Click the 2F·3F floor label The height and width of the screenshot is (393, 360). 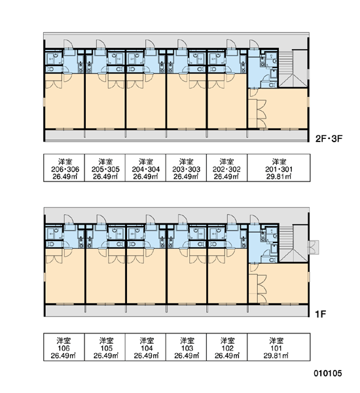click(x=329, y=138)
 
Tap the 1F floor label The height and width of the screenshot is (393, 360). click(x=321, y=314)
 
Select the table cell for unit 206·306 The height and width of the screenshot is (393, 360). click(x=64, y=168)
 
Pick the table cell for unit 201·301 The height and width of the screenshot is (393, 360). click(x=279, y=168)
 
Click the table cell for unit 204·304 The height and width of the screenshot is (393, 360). click(x=145, y=168)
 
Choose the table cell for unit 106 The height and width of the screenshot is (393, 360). click(x=64, y=347)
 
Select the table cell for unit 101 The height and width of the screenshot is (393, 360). click(x=279, y=347)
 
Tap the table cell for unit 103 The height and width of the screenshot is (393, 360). click(x=186, y=347)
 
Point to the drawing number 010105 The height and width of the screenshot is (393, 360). click(x=328, y=373)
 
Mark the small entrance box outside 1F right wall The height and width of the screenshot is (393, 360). click(x=314, y=248)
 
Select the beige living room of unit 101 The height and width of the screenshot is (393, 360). click(x=282, y=283)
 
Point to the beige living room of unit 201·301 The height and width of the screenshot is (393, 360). click(x=282, y=108)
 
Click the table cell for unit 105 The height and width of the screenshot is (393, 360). click(x=105, y=347)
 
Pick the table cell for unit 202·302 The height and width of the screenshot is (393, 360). click(x=226, y=168)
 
